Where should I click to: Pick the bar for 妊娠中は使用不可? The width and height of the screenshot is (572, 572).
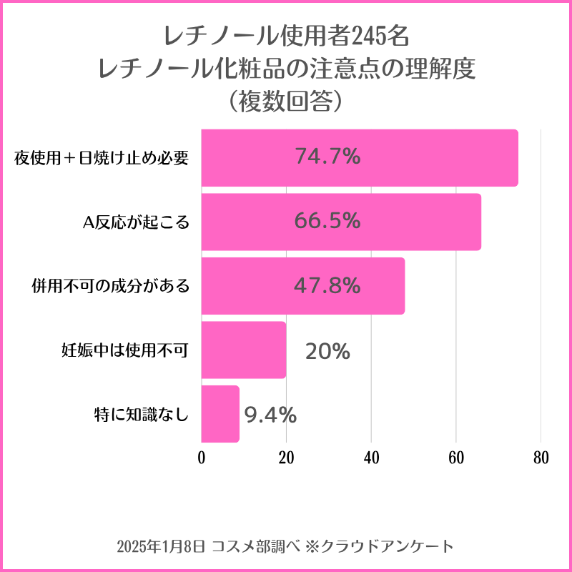(x=243, y=350)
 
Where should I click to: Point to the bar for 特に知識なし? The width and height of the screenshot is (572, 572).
(x=220, y=414)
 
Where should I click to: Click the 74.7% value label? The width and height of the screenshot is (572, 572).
(x=327, y=157)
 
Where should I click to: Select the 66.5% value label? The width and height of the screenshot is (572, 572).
(x=327, y=221)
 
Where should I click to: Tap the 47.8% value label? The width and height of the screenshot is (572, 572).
(x=327, y=285)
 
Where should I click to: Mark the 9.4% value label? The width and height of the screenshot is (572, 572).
(x=270, y=414)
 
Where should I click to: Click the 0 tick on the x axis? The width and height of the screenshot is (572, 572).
(x=202, y=458)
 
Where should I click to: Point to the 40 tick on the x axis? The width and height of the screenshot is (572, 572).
(x=371, y=458)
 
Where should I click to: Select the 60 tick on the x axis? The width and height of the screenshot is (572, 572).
(x=456, y=458)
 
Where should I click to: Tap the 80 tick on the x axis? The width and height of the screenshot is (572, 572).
(x=541, y=458)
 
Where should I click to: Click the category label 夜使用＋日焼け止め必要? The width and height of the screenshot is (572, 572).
(x=102, y=158)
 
